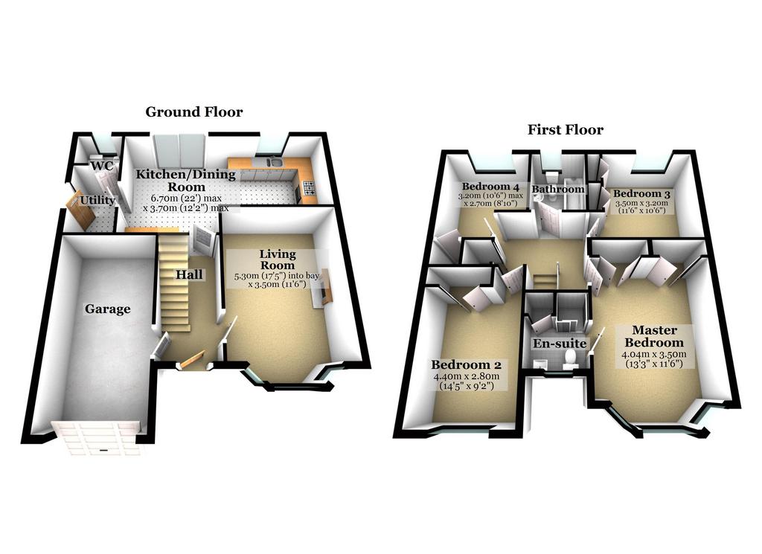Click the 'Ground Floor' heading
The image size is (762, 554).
[x=194, y=112]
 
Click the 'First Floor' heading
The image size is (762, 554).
[x=566, y=129]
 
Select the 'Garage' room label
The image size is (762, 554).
[x=107, y=309]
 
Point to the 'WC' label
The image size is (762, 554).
[x=103, y=166]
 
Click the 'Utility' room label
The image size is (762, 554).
[x=97, y=200]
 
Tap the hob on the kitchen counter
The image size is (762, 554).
[x=309, y=187]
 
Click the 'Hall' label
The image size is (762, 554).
[x=189, y=275]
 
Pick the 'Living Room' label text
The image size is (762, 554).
[x=278, y=260]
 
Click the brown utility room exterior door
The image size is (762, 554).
[x=80, y=210]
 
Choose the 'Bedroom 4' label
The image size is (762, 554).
[x=490, y=187]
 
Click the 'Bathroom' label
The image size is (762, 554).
[x=558, y=189]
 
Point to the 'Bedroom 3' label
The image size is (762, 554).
[x=641, y=194]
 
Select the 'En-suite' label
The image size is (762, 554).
[x=560, y=344]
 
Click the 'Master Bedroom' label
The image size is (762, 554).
[x=654, y=336]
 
